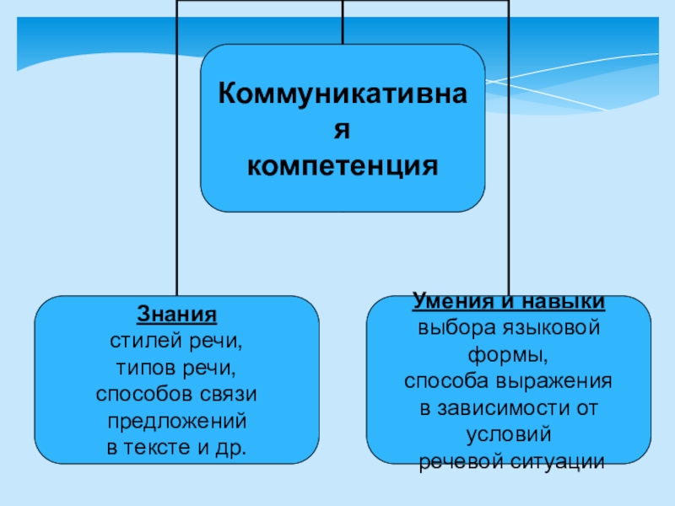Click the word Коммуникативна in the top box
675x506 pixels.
click(x=343, y=92)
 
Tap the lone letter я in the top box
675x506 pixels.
click(x=343, y=128)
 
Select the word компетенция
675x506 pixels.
click(x=343, y=165)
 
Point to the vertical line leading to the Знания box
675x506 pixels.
click(x=176, y=169)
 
